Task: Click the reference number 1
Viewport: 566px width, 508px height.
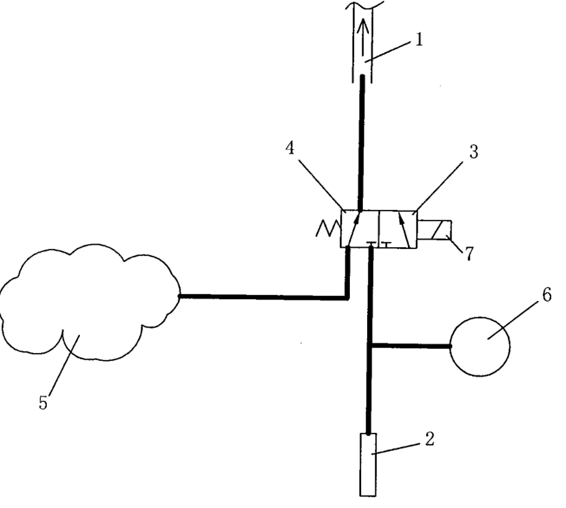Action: pyautogui.click(x=419, y=39)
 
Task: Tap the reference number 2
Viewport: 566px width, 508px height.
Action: pyautogui.click(x=429, y=439)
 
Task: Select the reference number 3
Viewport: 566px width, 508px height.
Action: pyautogui.click(x=474, y=152)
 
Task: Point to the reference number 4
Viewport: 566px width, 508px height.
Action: pyautogui.click(x=290, y=148)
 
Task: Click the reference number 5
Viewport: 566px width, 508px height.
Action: pyautogui.click(x=43, y=403)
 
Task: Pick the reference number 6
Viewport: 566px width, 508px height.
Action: pyautogui.click(x=547, y=295)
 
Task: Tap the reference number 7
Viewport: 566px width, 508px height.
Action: pyautogui.click(x=468, y=254)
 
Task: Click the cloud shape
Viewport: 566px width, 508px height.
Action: pyautogui.click(x=90, y=302)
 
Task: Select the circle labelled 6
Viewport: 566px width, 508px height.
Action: pyautogui.click(x=480, y=347)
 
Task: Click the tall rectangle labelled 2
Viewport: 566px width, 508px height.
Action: pyautogui.click(x=368, y=465)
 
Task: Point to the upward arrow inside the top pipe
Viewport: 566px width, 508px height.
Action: pyautogui.click(x=363, y=38)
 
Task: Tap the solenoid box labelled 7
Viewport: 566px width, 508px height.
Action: pyautogui.click(x=434, y=229)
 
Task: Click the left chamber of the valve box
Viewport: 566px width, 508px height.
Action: pyautogui.click(x=359, y=229)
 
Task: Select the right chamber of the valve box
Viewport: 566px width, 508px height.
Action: pyautogui.click(x=398, y=229)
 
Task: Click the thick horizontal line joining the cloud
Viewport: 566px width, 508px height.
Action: pyautogui.click(x=264, y=297)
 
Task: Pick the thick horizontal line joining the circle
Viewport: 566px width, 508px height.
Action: pyautogui.click(x=411, y=346)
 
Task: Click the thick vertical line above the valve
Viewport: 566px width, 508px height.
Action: pyautogui.click(x=361, y=143)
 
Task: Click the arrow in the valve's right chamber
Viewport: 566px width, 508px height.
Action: pyautogui.click(x=404, y=229)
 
